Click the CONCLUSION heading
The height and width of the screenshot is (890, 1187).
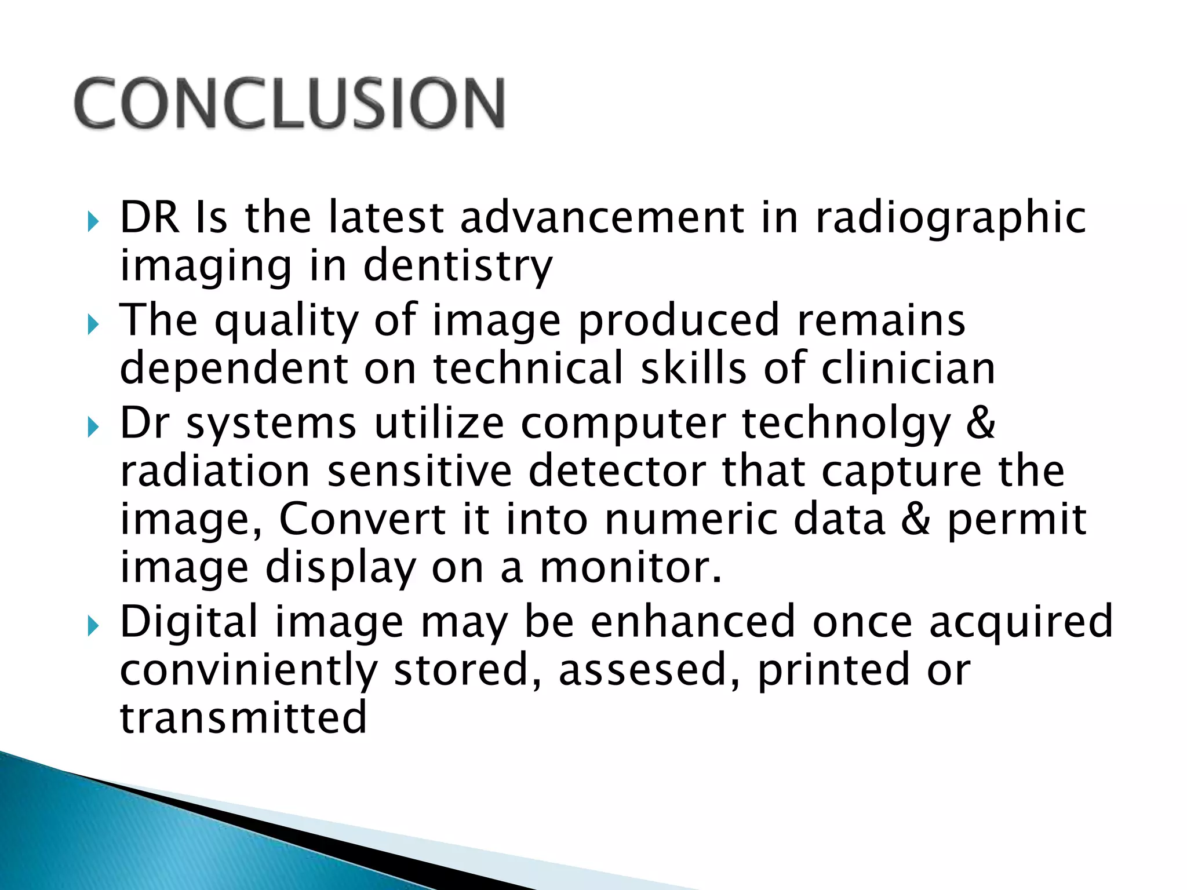(290, 103)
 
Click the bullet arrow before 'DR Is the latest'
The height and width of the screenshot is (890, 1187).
(93, 221)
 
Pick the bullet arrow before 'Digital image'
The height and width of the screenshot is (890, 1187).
(93, 626)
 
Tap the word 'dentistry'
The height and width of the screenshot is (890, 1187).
(457, 267)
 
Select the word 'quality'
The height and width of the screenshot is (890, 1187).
(286, 322)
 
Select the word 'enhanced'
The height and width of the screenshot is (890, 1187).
(693, 621)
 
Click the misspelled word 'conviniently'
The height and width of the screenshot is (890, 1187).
(249, 671)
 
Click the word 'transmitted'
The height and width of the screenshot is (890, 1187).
(243, 717)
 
